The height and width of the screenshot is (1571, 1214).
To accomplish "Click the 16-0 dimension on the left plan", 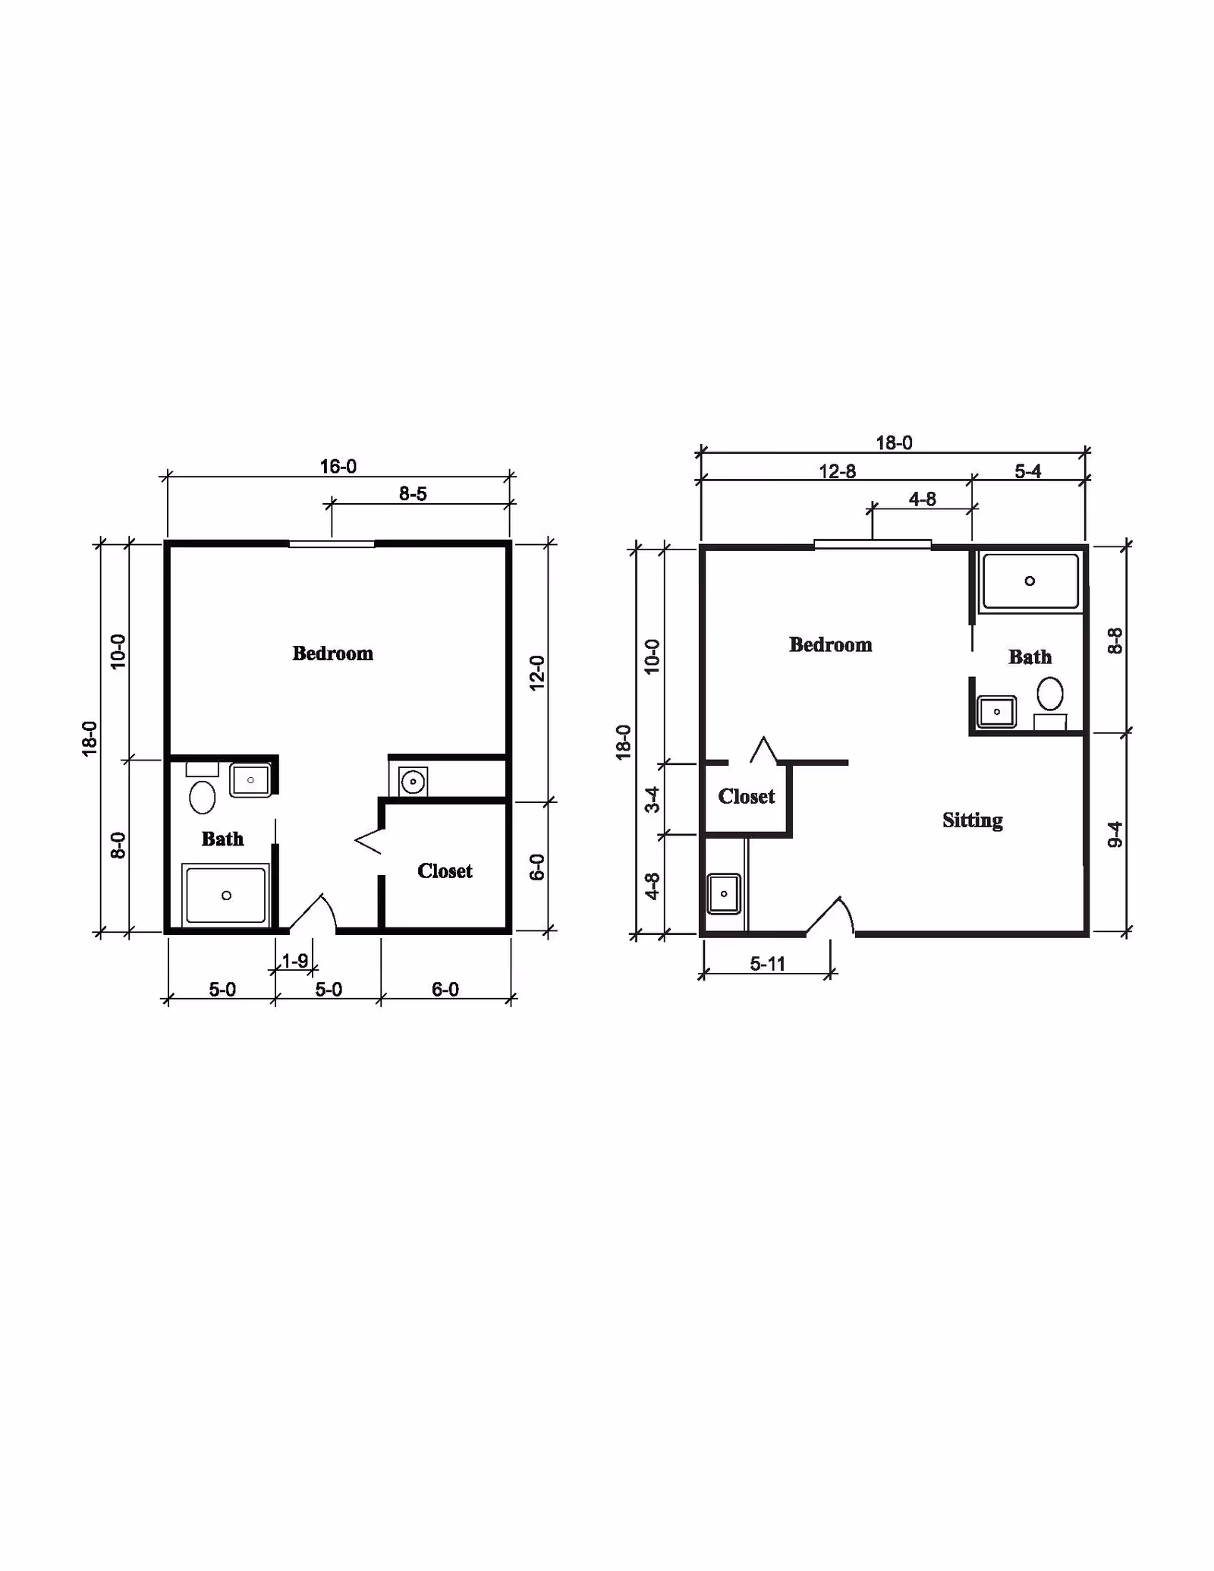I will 338,466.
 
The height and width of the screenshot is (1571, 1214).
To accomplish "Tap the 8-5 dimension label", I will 413,494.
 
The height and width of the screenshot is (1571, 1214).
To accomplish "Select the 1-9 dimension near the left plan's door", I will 294,961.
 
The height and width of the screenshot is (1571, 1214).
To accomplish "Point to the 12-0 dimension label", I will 537,672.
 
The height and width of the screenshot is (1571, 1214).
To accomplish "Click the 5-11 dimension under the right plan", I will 767,964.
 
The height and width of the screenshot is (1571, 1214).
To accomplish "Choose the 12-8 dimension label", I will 837,471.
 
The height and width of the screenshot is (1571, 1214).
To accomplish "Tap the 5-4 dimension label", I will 1027,471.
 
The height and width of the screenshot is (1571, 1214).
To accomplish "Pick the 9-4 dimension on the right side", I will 1115,834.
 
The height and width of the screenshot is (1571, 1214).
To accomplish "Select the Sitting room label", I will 972,820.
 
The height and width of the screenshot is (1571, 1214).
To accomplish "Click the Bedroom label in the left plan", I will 332,653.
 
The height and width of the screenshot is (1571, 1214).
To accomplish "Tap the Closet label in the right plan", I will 747,796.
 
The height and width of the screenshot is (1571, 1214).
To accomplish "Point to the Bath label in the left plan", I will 222,839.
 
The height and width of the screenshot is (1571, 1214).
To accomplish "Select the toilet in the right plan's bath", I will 1050,694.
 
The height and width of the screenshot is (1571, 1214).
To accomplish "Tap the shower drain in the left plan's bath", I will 226,896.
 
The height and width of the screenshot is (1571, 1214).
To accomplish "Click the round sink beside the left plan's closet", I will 413,781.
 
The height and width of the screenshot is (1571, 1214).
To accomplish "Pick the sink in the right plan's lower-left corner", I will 724,893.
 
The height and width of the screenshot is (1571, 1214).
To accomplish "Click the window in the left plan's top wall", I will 332,543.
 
